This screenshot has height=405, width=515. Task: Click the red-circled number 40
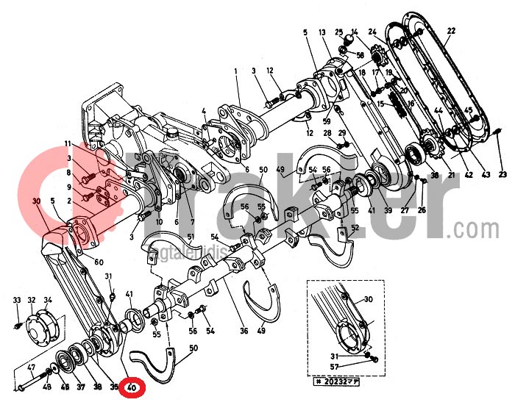(x=132, y=387)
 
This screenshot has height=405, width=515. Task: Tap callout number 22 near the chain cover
(x=450, y=31)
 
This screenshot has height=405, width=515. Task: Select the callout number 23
(x=502, y=174)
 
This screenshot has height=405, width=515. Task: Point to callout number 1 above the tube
(x=237, y=71)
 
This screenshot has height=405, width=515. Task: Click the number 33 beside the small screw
(x=17, y=301)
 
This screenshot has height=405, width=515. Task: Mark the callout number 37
(x=80, y=387)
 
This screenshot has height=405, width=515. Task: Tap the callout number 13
(x=322, y=33)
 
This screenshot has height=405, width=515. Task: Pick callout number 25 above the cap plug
(x=339, y=32)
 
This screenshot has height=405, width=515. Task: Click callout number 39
(x=387, y=211)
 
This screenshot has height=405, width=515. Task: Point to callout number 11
(x=67, y=143)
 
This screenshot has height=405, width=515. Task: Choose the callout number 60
(x=99, y=262)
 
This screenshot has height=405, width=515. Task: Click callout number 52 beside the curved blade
(x=355, y=228)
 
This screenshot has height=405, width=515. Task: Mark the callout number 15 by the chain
(x=380, y=104)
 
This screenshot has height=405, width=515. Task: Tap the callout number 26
(x=422, y=210)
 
